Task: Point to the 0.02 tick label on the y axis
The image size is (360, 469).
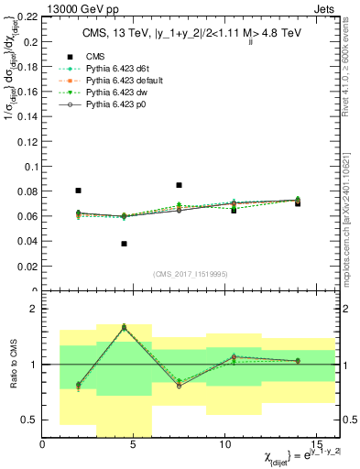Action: pyautogui.click(x=27, y=267)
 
